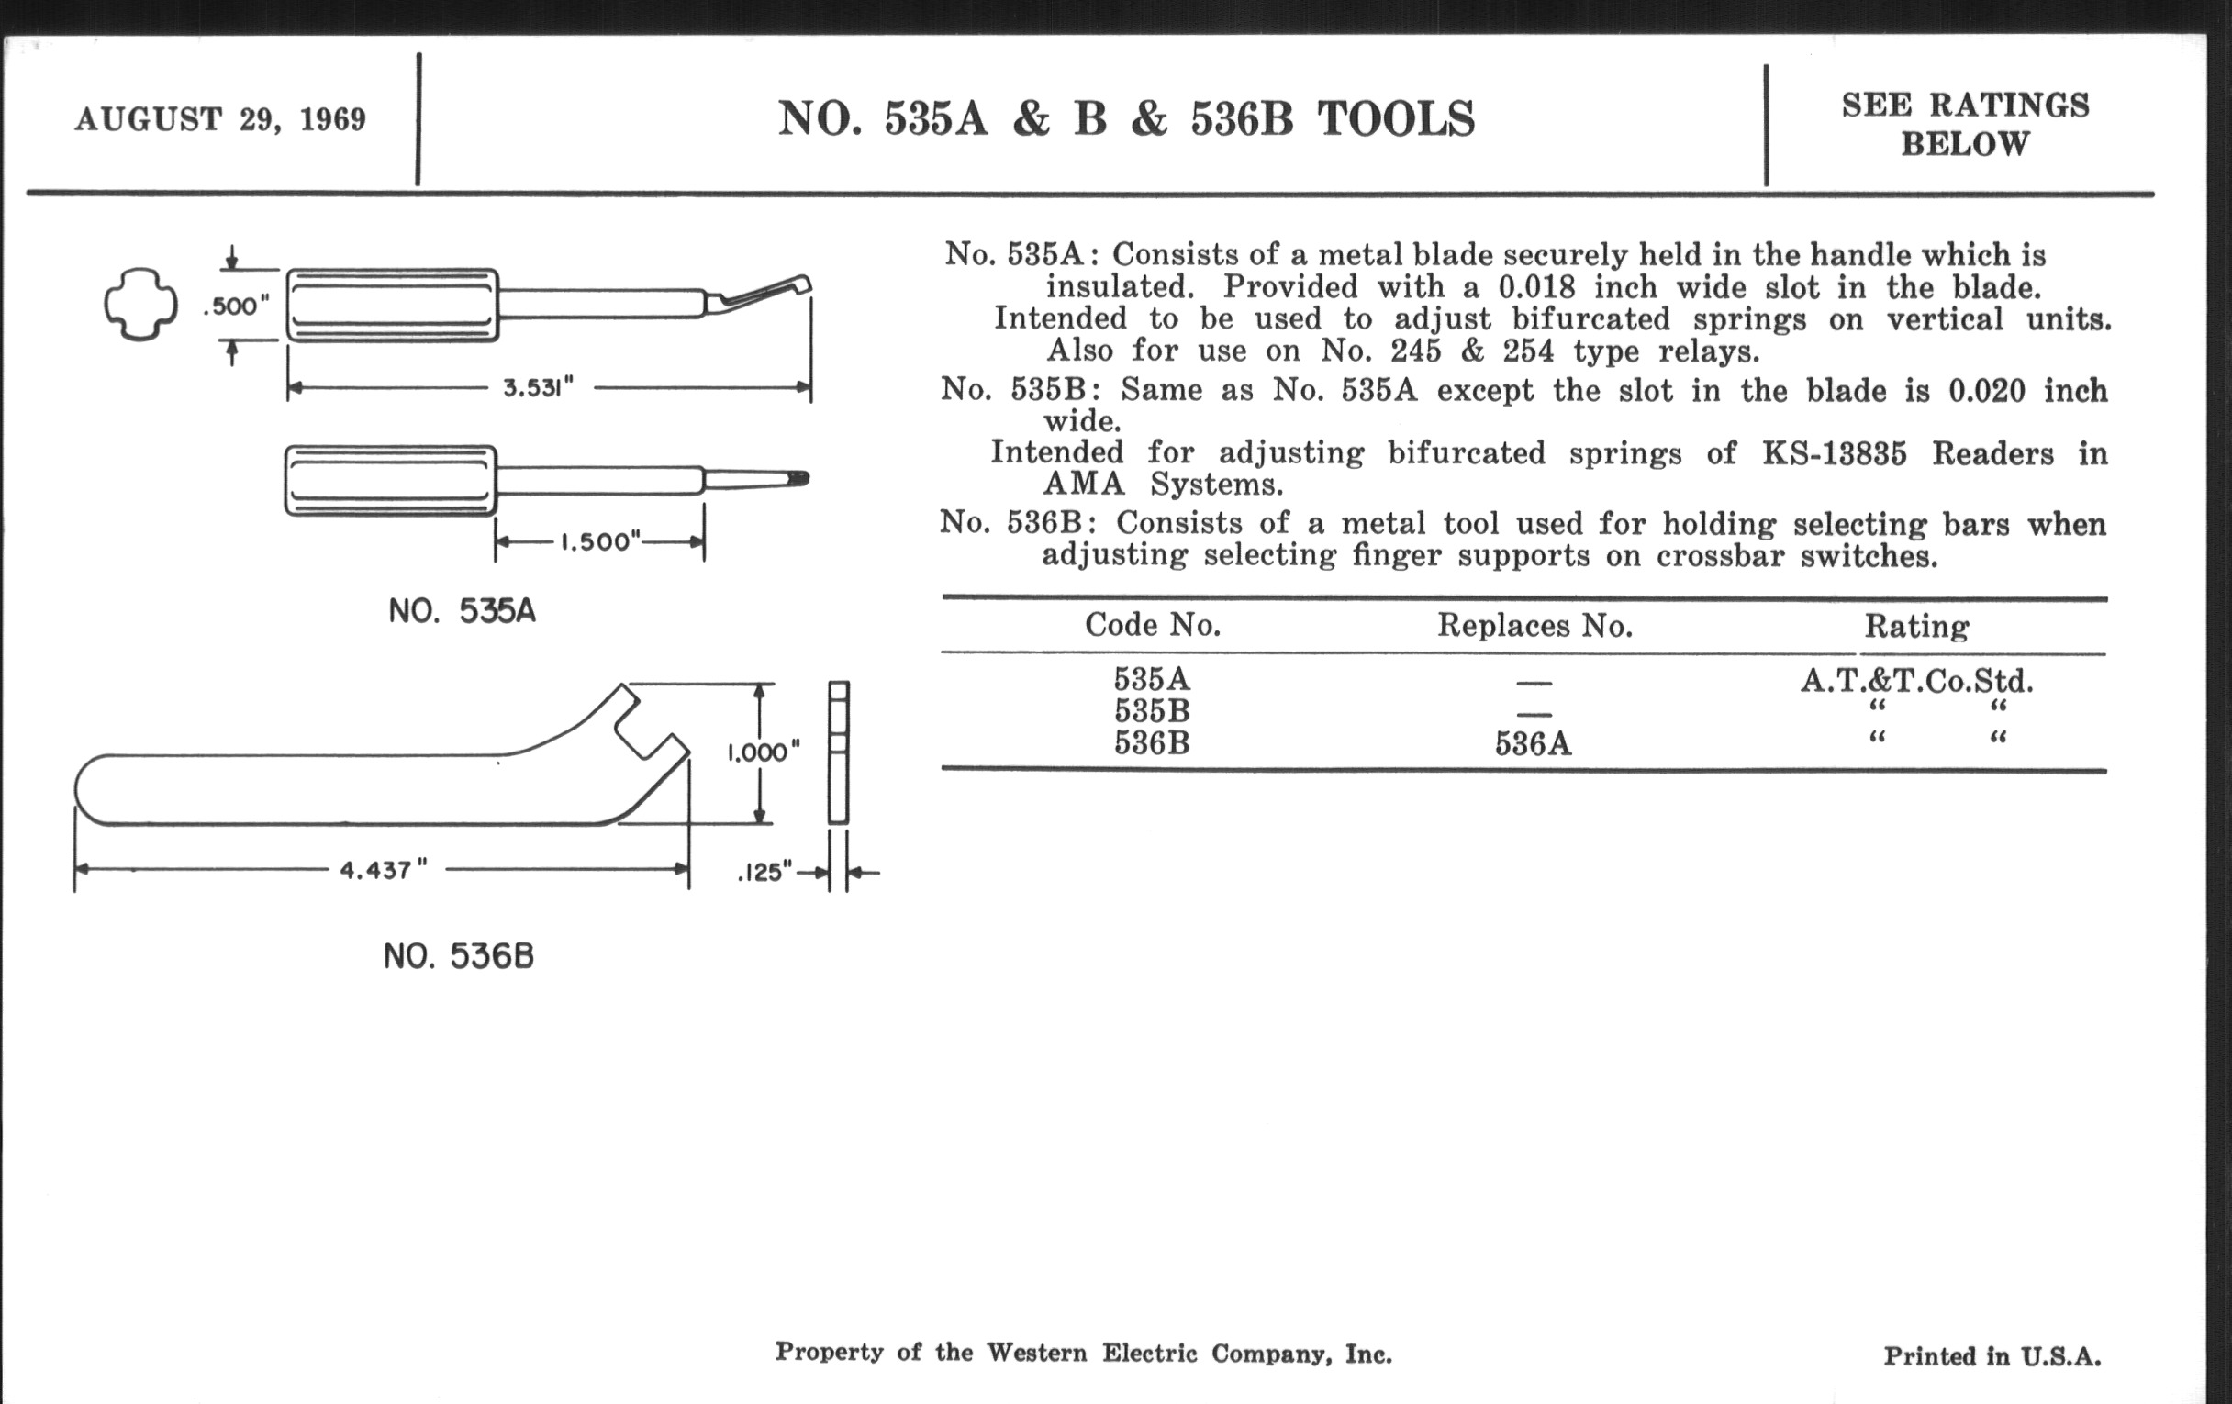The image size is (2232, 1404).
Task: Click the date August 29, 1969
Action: [x=220, y=119]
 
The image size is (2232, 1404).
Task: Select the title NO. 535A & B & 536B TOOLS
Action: [x=1125, y=119]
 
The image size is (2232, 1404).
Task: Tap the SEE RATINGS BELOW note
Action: [x=1965, y=124]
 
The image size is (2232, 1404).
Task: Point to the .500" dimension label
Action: [x=237, y=306]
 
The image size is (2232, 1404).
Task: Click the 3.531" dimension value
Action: [x=539, y=387]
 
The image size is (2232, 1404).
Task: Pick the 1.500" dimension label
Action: [x=600, y=542]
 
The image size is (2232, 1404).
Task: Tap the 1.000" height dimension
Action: [x=763, y=752]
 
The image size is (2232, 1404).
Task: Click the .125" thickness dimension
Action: [x=765, y=872]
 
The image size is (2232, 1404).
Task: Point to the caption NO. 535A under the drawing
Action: [x=462, y=612]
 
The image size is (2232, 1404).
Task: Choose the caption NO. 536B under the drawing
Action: [x=459, y=956]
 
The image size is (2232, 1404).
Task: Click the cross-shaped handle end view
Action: [x=140, y=304]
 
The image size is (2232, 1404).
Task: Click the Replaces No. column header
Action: [x=1534, y=627]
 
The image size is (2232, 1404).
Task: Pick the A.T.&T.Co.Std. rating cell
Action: [x=1916, y=681]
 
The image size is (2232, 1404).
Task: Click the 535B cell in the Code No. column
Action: [x=1151, y=712]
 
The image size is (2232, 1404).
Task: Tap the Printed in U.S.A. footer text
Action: [x=1992, y=1356]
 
